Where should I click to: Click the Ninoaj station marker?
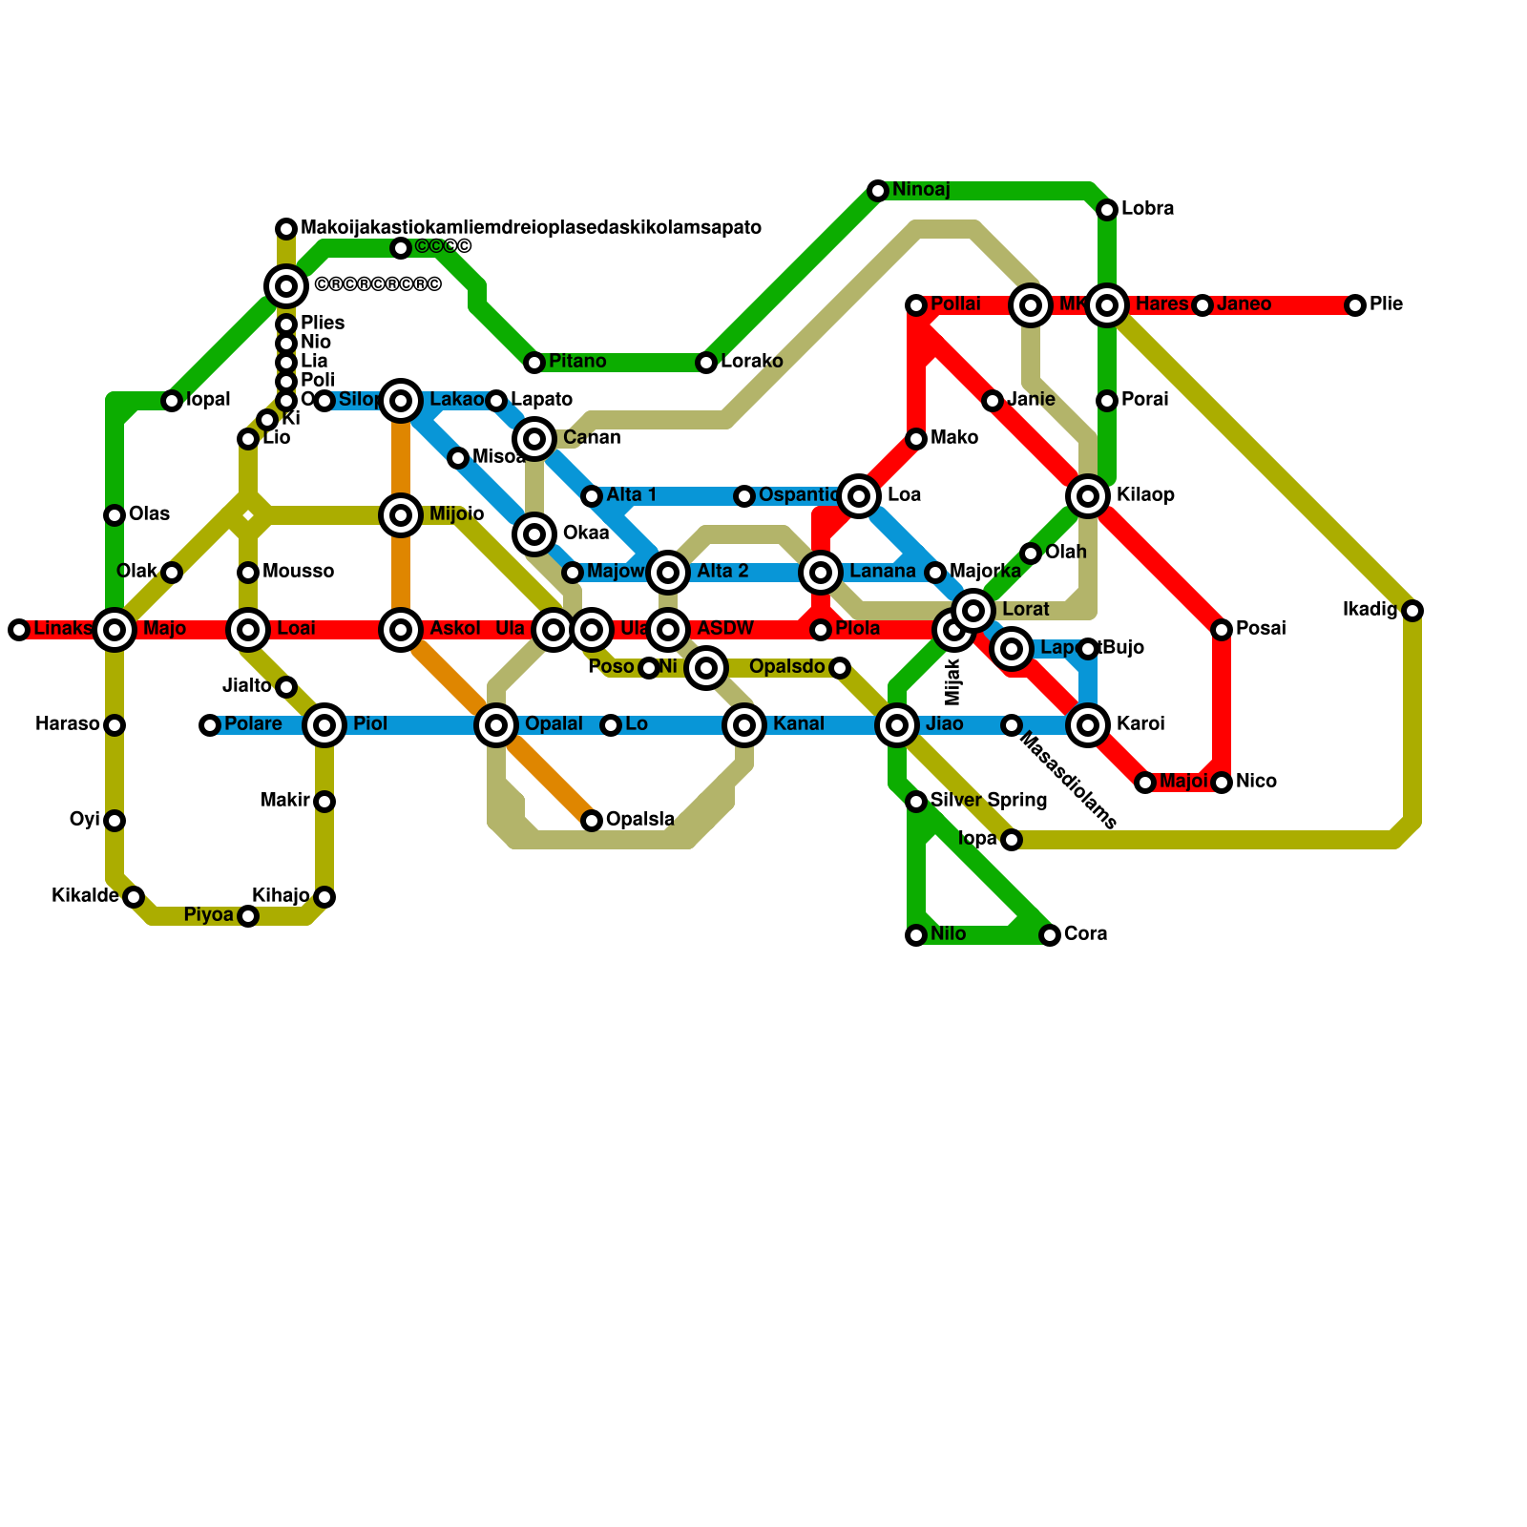pyautogui.click(x=878, y=191)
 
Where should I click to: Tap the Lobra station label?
pyautogui.click(x=1147, y=209)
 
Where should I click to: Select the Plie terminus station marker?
pyautogui.click(x=1355, y=305)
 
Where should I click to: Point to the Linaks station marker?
pyautogui.click(x=19, y=630)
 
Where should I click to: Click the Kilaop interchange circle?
pyautogui.click(x=1088, y=496)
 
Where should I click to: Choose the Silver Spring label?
pyautogui.click(x=988, y=801)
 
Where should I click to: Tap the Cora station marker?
pyautogui.click(x=1050, y=935)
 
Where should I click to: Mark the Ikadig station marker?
pyautogui.click(x=1412, y=611)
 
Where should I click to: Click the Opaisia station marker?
pyautogui.click(x=592, y=821)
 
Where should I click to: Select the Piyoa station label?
pyautogui.click(x=208, y=915)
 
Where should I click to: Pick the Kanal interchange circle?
pyautogui.click(x=744, y=725)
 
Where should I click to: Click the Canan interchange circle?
pyautogui.click(x=534, y=439)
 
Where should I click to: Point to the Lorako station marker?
pyautogui.click(x=706, y=363)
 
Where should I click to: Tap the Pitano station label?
pyautogui.click(x=577, y=362)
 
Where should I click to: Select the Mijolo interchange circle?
pyautogui.click(x=401, y=515)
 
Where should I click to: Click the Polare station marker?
pyautogui.click(x=210, y=725)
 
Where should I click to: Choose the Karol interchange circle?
pyautogui.click(x=1088, y=725)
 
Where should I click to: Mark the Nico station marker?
pyautogui.click(x=1222, y=783)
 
